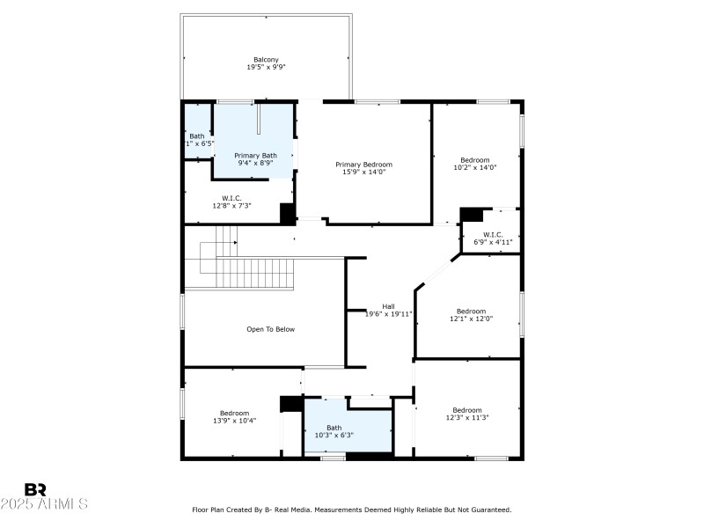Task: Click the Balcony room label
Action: pyautogui.click(x=266, y=60)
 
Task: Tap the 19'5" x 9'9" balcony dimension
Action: pyautogui.click(x=266, y=68)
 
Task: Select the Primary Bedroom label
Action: pyautogui.click(x=363, y=165)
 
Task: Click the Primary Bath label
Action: pyautogui.click(x=255, y=156)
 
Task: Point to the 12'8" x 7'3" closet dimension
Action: pyautogui.click(x=231, y=206)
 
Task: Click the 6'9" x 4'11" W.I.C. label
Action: pyautogui.click(x=493, y=238)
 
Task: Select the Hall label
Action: pyautogui.click(x=388, y=306)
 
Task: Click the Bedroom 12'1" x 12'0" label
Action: pyautogui.click(x=471, y=315)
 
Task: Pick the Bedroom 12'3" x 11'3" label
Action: pyautogui.click(x=467, y=414)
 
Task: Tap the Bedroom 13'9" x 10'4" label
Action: pyautogui.click(x=234, y=417)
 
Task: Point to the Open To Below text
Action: pyautogui.click(x=270, y=329)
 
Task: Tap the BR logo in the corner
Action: pyautogui.click(x=35, y=489)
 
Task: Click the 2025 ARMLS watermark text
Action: pyautogui.click(x=44, y=504)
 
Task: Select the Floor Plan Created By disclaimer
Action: pyautogui.click(x=352, y=510)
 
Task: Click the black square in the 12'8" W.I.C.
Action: pyautogui.click(x=287, y=214)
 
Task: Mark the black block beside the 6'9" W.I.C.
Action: pyautogui.click(x=473, y=214)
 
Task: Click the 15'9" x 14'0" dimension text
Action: pyautogui.click(x=363, y=172)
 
